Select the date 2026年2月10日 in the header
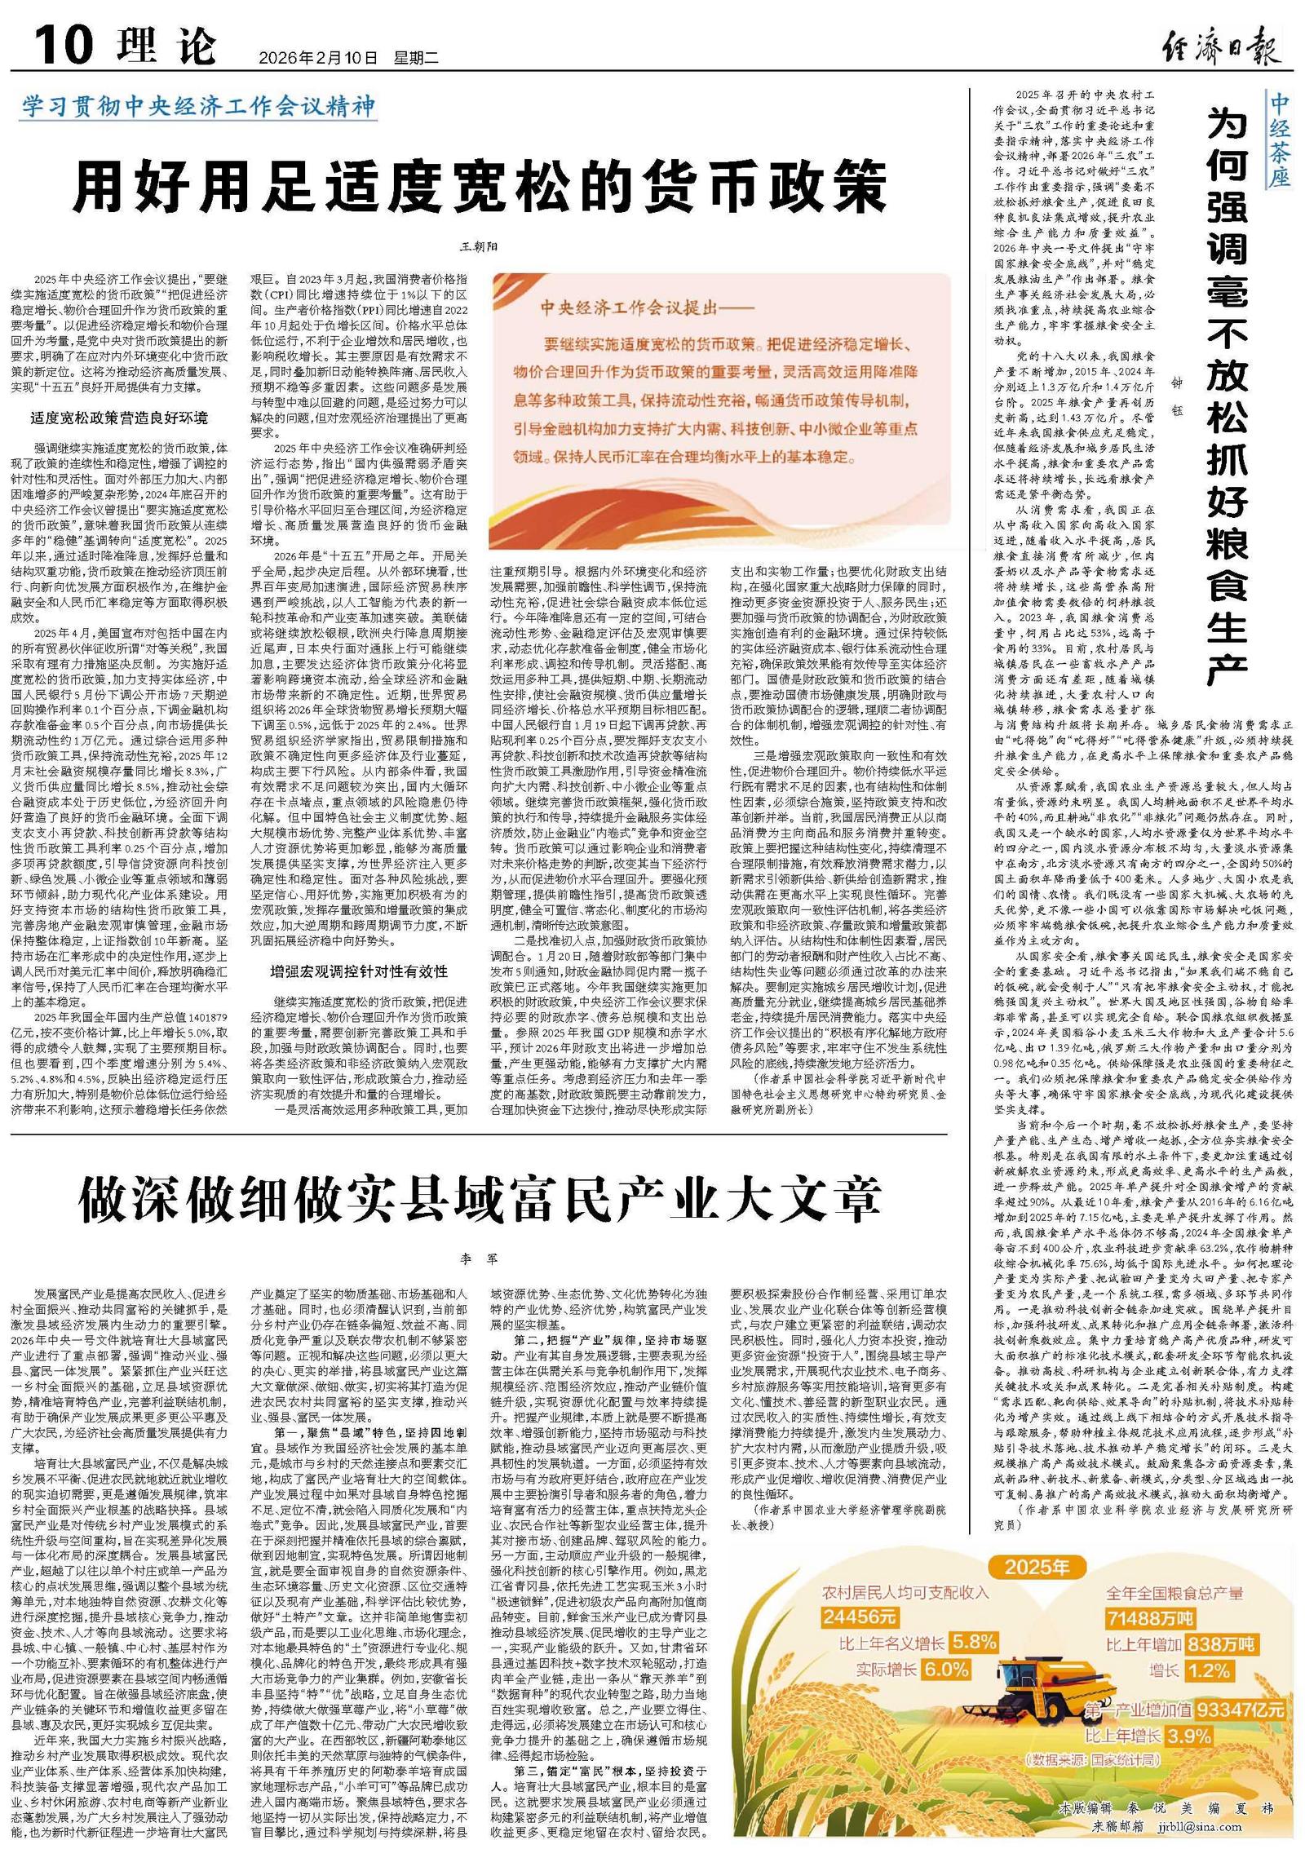(x=318, y=58)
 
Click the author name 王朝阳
(x=479, y=246)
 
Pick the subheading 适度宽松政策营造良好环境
(x=119, y=418)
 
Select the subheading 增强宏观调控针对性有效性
(x=359, y=971)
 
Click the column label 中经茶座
(x=1279, y=139)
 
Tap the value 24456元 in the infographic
(x=859, y=1616)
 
